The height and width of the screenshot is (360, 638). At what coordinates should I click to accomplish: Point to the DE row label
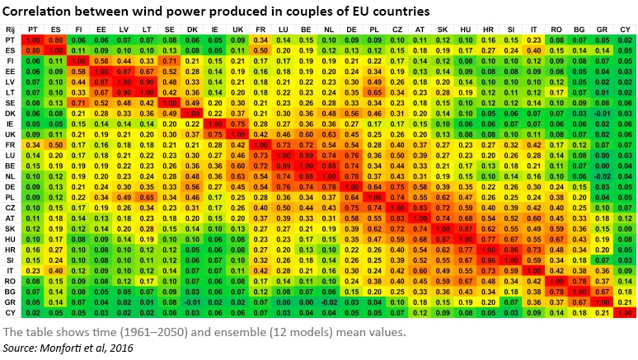pos(11,186)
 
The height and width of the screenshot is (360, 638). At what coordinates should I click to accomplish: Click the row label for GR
pos(11,302)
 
